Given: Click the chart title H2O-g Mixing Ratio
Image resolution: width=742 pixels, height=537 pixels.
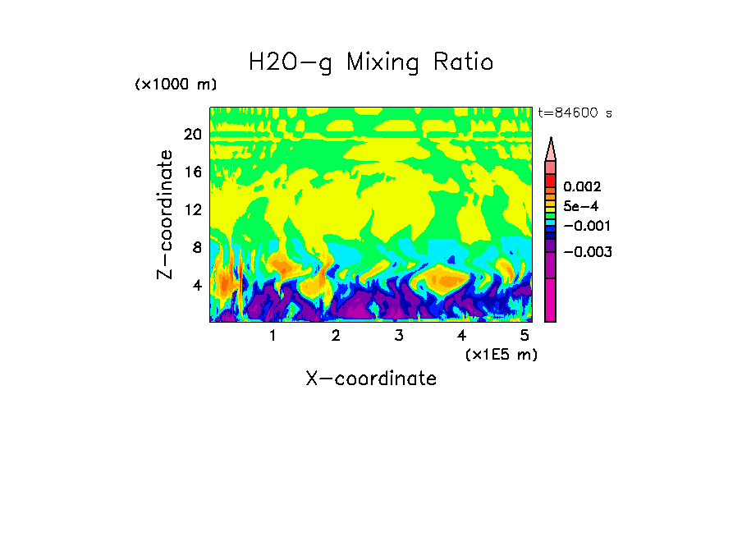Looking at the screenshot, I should pyautogui.click(x=371, y=62).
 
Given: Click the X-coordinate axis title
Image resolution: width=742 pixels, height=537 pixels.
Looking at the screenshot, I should pyautogui.click(x=371, y=378).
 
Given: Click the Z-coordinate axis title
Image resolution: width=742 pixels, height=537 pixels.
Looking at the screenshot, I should pyautogui.click(x=166, y=214).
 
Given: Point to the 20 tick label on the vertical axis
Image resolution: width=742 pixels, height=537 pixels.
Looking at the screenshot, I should pyautogui.click(x=192, y=135).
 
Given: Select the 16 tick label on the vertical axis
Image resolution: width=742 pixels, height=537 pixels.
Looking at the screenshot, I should pyautogui.click(x=192, y=172).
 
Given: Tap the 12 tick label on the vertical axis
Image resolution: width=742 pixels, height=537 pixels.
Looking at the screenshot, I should pyautogui.click(x=192, y=209).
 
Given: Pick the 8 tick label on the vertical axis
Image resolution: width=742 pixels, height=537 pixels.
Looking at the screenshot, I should pyautogui.click(x=196, y=247).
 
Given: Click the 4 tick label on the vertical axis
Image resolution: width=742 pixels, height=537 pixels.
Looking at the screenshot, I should pyautogui.click(x=196, y=285).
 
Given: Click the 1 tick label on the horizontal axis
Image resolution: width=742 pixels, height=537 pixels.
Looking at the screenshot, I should pyautogui.click(x=273, y=335).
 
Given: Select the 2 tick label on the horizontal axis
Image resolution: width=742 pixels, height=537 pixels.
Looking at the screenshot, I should pyautogui.click(x=336, y=335).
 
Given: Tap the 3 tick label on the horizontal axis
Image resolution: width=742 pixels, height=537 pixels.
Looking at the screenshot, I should pyautogui.click(x=399, y=335).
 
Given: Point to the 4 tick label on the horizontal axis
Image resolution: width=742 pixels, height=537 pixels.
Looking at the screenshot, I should pyautogui.click(x=462, y=335).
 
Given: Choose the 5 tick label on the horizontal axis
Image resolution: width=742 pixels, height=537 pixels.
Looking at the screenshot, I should pyautogui.click(x=524, y=335).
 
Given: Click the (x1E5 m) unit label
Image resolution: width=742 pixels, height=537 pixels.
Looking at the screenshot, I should pyautogui.click(x=501, y=354).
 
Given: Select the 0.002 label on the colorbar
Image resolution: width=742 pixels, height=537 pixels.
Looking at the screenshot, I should pyautogui.click(x=582, y=187).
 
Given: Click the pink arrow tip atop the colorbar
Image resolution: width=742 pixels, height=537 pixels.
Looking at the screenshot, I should pyautogui.click(x=551, y=148).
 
